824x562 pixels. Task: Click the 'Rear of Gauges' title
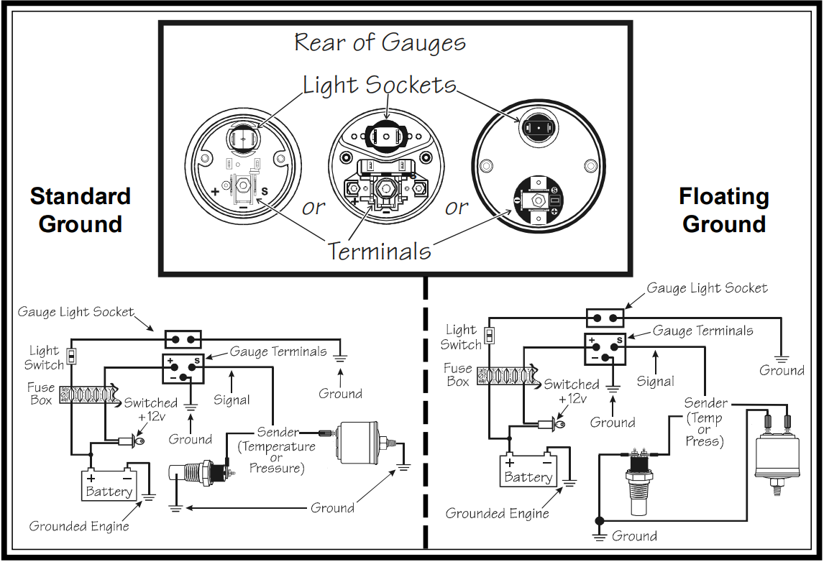tap(380, 43)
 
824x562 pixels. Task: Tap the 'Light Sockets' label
tap(380, 86)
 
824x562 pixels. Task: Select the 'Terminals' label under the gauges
tap(379, 251)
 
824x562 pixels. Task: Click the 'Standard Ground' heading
tap(81, 210)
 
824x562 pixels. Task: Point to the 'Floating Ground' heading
tap(723, 210)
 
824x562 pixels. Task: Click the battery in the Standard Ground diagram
tap(109, 484)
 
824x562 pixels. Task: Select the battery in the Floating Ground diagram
tap(528, 470)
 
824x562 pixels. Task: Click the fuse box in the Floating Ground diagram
tap(507, 375)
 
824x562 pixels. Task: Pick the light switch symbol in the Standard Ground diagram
tap(71, 356)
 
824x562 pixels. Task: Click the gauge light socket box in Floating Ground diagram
tap(605, 317)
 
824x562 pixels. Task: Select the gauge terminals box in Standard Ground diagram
tap(183, 369)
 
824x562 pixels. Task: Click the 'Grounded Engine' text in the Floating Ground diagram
tap(497, 513)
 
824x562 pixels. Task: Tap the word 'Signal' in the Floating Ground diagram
tap(655, 382)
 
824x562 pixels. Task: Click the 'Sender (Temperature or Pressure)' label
tap(277, 450)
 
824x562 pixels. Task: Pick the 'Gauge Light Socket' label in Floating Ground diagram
tap(708, 288)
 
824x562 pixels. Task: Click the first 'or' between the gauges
tap(313, 208)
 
